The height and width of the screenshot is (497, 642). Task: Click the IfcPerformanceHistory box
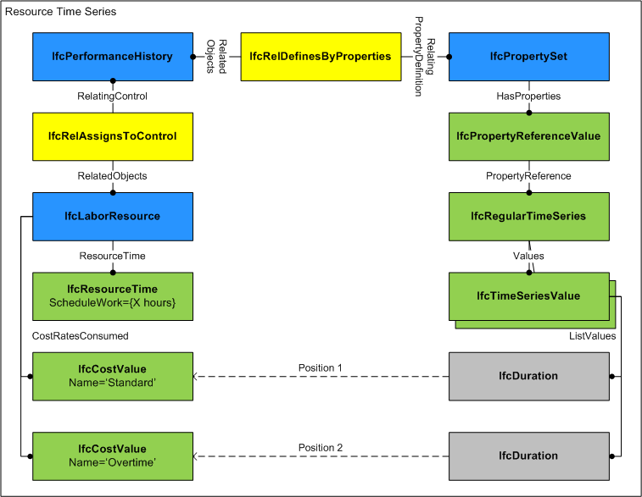click(112, 57)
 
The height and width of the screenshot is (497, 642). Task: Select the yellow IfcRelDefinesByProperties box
click(321, 57)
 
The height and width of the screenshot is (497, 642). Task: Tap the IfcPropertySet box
click(528, 57)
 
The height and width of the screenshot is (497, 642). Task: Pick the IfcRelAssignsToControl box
click(112, 136)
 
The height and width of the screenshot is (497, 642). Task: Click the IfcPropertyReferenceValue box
click(528, 136)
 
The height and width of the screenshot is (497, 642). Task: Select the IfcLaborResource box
click(112, 216)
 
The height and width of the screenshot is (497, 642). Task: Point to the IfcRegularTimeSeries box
click(528, 216)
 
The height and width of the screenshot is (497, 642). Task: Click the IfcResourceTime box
click(112, 295)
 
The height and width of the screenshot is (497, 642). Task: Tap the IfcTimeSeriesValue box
click(528, 295)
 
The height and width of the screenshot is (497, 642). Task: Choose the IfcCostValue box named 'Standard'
click(112, 375)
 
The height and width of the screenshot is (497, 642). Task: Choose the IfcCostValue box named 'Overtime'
click(112, 455)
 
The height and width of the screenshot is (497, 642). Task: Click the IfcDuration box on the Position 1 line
click(528, 375)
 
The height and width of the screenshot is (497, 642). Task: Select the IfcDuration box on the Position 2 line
click(528, 455)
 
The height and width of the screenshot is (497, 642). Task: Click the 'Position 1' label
click(321, 367)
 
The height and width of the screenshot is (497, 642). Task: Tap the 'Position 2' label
click(321, 447)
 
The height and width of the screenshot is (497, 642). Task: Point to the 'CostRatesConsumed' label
click(81, 336)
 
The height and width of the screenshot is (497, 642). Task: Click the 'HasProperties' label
click(528, 97)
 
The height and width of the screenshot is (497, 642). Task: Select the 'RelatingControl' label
click(112, 97)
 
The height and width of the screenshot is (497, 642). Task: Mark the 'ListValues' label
click(592, 336)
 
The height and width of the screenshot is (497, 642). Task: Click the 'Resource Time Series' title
click(61, 13)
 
